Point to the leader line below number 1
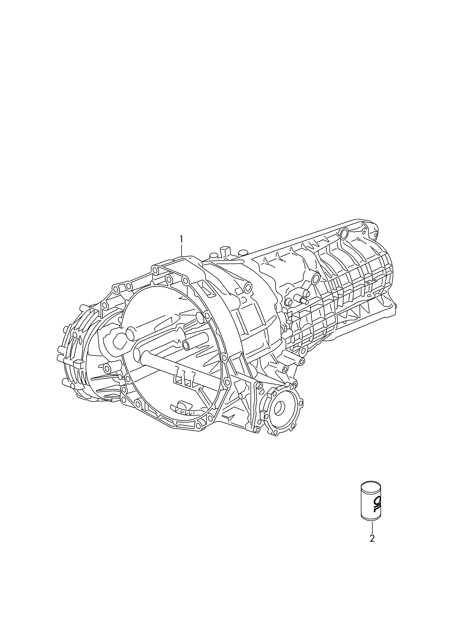pyautogui.click(x=182, y=250)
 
